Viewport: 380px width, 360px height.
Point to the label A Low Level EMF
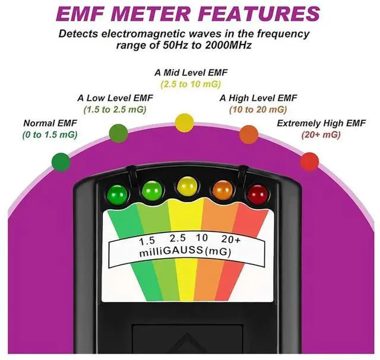(112, 98)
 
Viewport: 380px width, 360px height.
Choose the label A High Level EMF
(258, 98)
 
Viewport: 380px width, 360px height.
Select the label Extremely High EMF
(322, 123)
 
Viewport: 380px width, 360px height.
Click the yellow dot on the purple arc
(185, 123)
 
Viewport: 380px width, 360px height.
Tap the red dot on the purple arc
(309, 161)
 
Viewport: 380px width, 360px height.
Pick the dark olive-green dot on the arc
(118, 133)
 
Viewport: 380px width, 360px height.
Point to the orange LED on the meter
(223, 189)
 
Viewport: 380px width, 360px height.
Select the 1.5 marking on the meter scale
(147, 241)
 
